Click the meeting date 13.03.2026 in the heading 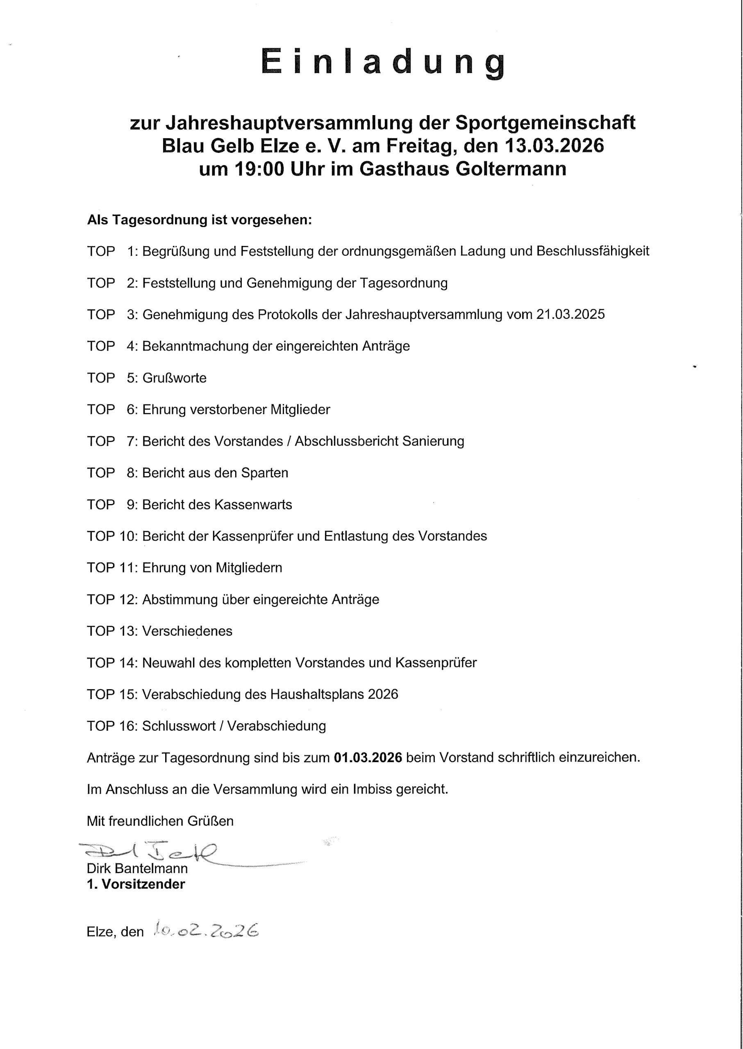point(554,146)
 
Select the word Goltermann point(511,169)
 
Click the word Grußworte point(174,378)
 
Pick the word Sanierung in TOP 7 point(433,441)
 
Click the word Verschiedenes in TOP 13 point(187,631)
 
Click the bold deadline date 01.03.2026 point(368,758)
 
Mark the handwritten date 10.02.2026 point(206,930)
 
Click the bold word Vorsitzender point(143,884)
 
